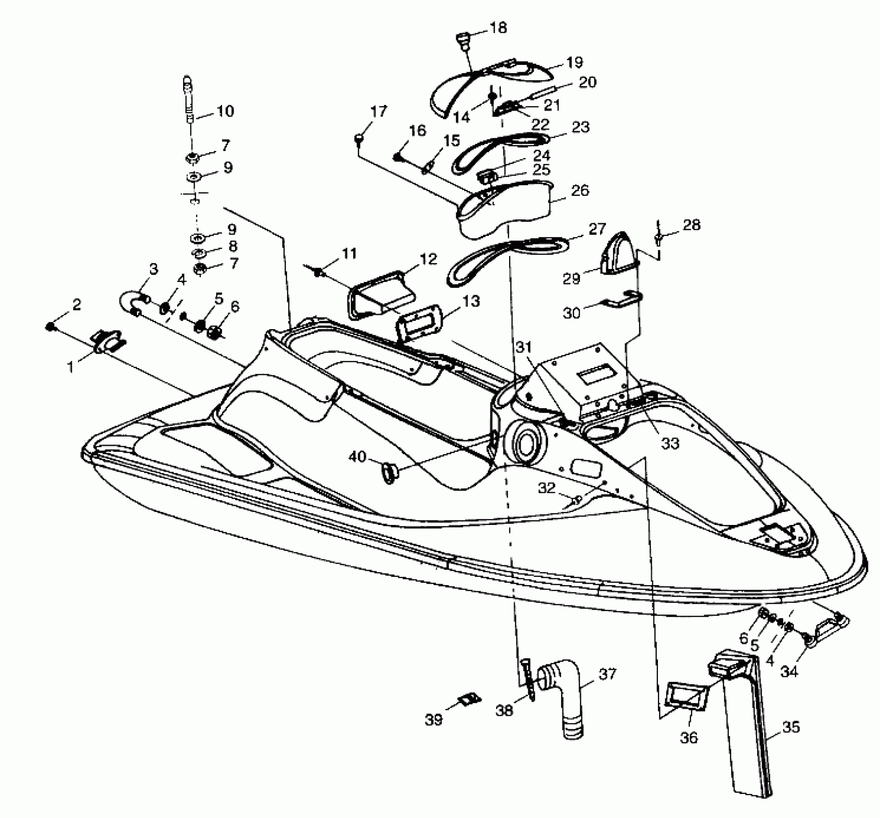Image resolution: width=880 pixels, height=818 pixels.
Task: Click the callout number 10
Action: pos(225,111)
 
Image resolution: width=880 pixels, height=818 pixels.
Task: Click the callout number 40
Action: pos(358,456)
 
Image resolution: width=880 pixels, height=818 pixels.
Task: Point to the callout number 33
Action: pos(670,443)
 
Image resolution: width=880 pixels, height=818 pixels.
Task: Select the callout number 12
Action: pos(428,259)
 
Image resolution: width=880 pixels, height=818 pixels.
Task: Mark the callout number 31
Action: pos(524,347)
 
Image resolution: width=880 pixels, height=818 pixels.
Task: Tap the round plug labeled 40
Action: pos(389,472)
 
